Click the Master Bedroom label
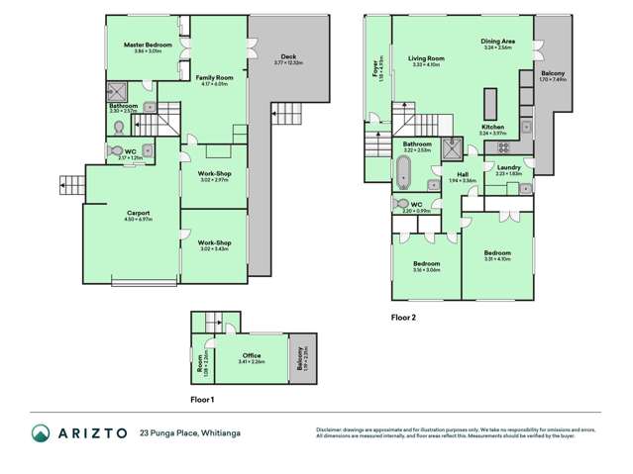click(148, 46)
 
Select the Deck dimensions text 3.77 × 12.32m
click(288, 63)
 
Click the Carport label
click(138, 213)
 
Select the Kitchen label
click(493, 128)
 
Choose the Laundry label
click(508, 168)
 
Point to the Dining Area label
click(497, 42)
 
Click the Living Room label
click(426, 58)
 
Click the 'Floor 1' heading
click(201, 398)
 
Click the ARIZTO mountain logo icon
click(42, 433)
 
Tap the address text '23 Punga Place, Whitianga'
click(190, 433)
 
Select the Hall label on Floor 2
click(463, 175)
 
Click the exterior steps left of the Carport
click(70, 185)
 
